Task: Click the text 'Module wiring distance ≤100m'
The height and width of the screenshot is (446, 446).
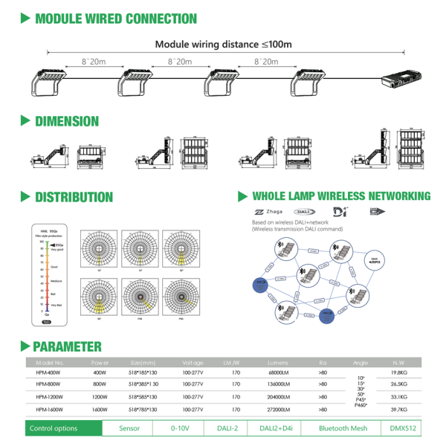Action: (x=223, y=44)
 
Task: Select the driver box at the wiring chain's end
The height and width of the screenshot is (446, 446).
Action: (x=401, y=79)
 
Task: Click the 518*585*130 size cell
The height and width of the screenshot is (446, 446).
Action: (x=142, y=397)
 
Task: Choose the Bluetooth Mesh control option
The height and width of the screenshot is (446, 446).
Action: (x=343, y=429)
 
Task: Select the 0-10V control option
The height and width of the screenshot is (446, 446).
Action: (x=180, y=429)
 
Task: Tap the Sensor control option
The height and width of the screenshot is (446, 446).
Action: (x=129, y=429)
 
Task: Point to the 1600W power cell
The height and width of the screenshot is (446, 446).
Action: (x=100, y=410)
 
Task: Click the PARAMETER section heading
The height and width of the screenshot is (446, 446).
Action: (x=68, y=346)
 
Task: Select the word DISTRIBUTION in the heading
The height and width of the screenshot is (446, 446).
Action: (x=74, y=198)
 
